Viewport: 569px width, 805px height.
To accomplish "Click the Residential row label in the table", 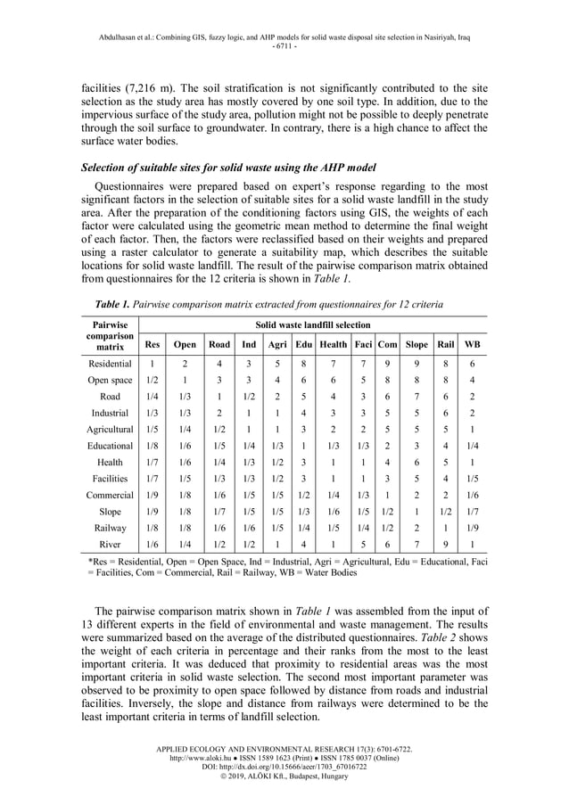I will [x=111, y=364].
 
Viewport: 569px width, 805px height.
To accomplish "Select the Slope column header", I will [x=416, y=344].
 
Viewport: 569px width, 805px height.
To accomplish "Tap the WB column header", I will [x=473, y=344].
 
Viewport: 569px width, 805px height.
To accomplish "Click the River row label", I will [x=111, y=545].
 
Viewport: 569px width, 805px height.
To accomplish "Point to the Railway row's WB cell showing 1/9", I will [x=473, y=528].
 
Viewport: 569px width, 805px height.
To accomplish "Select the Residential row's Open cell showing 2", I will [x=185, y=364].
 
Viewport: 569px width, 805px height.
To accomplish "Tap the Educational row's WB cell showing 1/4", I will [x=473, y=446].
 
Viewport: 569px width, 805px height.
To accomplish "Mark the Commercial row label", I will [x=111, y=495].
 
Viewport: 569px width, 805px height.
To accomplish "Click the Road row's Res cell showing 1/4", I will [x=153, y=397].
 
